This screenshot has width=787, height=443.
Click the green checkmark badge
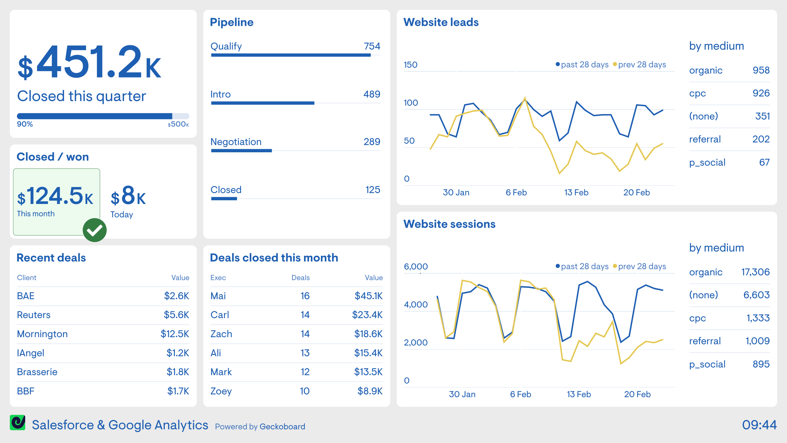point(95,230)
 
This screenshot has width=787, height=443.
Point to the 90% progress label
point(25,124)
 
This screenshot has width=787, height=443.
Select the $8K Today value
point(128,196)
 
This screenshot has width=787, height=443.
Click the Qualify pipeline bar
point(291,55)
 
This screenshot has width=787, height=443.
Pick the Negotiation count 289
point(372,142)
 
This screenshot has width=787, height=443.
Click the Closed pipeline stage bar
point(224,199)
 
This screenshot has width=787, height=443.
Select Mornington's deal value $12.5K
point(175,334)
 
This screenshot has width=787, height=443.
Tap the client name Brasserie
point(37,372)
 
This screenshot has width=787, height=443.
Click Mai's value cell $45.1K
point(368,296)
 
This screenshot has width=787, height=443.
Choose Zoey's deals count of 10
point(304,391)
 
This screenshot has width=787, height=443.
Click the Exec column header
point(218,277)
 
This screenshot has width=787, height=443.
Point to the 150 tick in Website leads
point(410,65)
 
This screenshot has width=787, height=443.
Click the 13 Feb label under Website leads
point(576,193)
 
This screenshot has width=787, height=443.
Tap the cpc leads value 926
point(761,93)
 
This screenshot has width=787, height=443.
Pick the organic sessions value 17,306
point(755,272)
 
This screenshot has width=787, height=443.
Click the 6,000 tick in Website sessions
point(416,267)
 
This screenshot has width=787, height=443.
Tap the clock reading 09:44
point(759,425)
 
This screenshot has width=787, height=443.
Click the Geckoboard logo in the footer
point(18,422)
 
